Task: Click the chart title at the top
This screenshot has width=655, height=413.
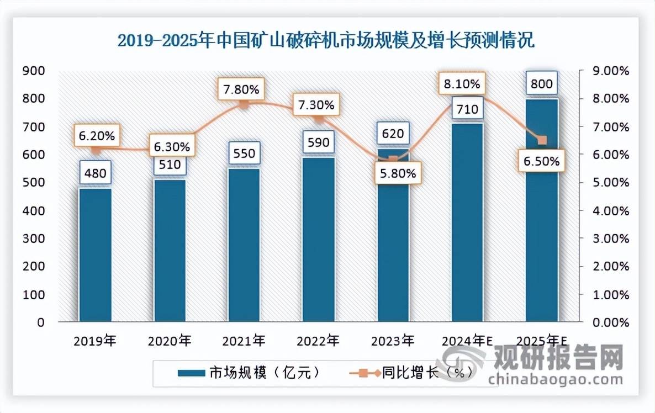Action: [327, 41]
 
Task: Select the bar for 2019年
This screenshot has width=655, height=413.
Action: [95, 255]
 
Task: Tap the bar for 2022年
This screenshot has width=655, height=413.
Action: [318, 240]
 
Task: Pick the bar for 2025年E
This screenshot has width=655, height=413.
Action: [541, 210]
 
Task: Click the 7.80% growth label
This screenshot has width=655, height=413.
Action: [244, 88]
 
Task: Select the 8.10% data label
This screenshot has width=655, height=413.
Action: [462, 85]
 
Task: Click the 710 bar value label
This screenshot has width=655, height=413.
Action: [467, 110]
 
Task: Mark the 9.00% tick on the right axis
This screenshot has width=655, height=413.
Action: [609, 71]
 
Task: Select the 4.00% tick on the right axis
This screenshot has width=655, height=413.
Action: [609, 210]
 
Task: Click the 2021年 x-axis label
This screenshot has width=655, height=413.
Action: [244, 341]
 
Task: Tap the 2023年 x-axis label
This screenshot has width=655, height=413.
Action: [393, 341]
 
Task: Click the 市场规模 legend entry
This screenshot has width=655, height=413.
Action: [249, 373]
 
